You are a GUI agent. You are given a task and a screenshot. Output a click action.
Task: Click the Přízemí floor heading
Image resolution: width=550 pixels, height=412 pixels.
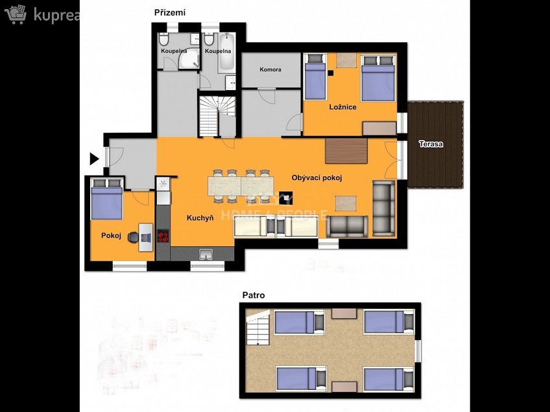tap(169, 12)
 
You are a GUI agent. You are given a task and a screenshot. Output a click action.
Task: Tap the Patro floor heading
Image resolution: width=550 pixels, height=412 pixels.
tap(253, 295)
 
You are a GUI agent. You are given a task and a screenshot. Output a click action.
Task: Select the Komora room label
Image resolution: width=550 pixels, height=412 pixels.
tap(270, 69)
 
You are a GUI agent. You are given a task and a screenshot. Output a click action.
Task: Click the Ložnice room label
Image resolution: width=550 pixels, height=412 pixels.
tap(342, 107)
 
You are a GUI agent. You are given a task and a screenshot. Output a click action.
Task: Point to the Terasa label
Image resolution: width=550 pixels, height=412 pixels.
tap(431, 144)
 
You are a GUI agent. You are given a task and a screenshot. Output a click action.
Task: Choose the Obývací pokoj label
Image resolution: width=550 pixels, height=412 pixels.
tap(317, 177)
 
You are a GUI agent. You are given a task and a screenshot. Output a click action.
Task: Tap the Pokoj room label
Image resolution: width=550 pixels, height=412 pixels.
tap(111, 236)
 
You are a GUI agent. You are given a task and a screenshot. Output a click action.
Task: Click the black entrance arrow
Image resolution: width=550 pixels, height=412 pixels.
tap(94, 158)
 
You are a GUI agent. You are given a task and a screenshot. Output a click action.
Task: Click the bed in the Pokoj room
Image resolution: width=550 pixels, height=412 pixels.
tap(106, 200)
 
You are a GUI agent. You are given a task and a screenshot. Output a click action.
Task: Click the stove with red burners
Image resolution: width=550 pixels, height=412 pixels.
tap(163, 236)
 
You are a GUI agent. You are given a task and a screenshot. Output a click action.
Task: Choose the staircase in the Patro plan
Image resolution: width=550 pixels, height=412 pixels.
tap(257, 329)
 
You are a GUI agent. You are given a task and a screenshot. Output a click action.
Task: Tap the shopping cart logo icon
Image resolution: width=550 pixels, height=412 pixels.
tap(16, 14)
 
